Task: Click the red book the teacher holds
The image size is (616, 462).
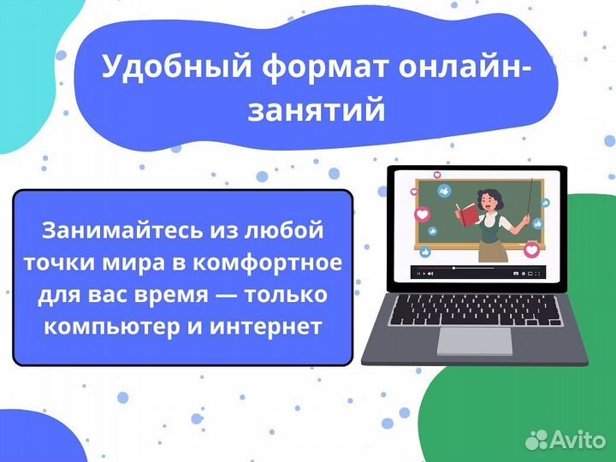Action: tap(466, 212)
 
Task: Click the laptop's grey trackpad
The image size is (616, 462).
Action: tap(474, 341)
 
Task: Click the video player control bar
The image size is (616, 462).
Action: tap(475, 273)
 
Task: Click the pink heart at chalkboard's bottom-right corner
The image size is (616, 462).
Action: tap(531, 250)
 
